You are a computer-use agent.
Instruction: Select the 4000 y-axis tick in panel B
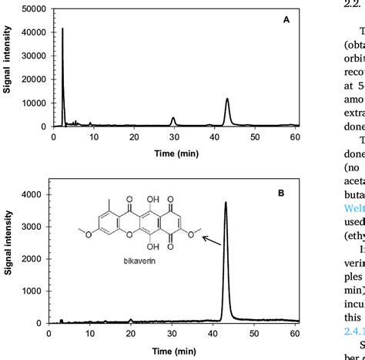pos(39,195)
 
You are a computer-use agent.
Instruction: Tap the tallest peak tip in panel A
pos(62,29)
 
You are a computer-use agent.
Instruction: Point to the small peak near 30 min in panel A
pos(173,118)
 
